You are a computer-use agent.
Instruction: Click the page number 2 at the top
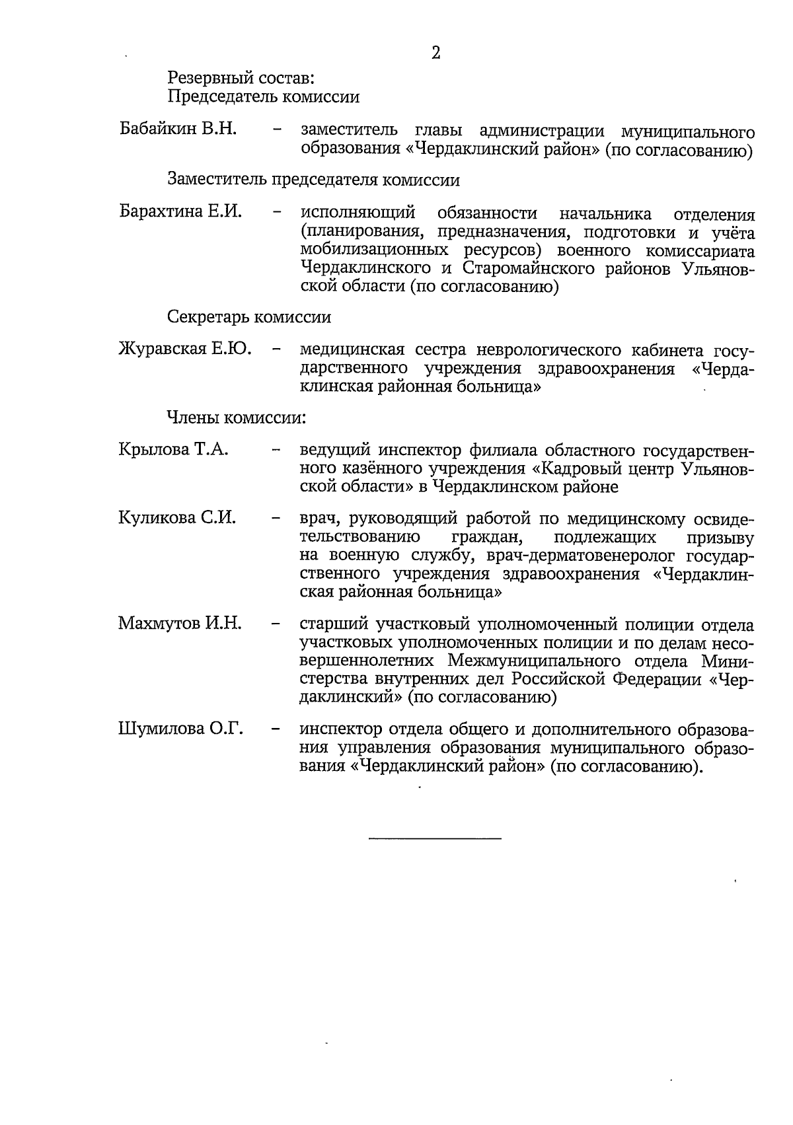coord(435,54)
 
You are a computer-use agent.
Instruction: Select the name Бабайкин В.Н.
coord(178,129)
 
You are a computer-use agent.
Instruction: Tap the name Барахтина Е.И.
coord(180,212)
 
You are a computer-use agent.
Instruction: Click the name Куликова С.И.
coord(177,517)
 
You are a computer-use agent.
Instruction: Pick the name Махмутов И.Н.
coord(180,623)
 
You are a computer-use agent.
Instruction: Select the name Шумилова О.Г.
coord(180,729)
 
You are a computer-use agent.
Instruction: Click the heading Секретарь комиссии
coord(249,317)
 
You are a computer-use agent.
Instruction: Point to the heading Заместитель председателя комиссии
coord(313,180)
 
